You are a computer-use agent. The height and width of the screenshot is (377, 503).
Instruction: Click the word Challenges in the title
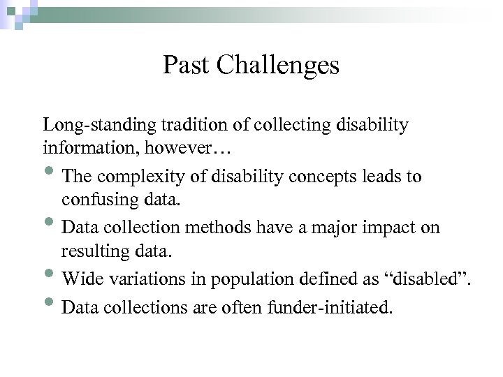coord(278,66)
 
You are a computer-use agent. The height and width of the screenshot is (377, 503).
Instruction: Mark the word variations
coord(143,279)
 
